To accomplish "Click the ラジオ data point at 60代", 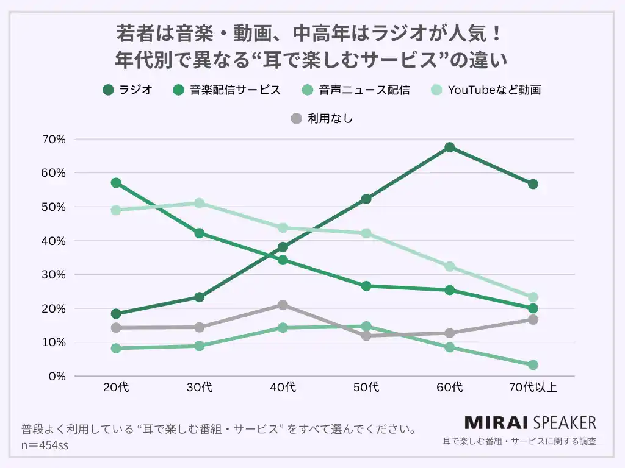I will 449,147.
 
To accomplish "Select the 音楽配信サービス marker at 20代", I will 116,183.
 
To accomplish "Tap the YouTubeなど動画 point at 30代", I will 200,203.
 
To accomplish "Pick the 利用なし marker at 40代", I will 283,305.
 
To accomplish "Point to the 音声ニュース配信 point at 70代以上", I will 533,365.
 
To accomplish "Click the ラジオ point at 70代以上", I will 533,184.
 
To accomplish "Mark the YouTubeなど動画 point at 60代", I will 449,266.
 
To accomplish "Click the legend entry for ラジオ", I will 128,90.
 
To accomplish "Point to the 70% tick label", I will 54,140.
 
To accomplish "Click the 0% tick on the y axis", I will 57,377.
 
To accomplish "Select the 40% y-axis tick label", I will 54,241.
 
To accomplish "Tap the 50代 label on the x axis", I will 366,388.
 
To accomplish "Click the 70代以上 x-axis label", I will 533,388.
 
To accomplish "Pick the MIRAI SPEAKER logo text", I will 530,422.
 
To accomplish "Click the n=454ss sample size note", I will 45,445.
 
